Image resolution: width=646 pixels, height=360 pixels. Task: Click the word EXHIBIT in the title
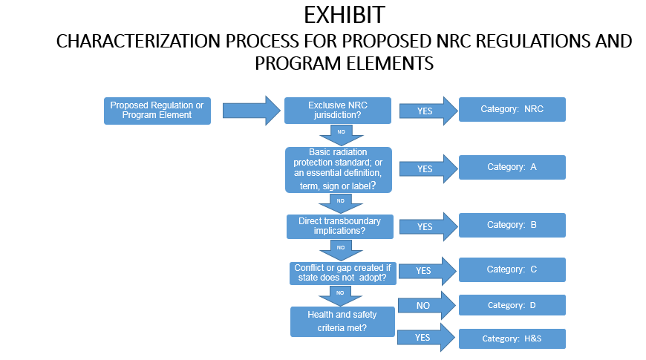[x=345, y=15]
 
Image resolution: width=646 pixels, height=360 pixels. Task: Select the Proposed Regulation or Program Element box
[x=157, y=111]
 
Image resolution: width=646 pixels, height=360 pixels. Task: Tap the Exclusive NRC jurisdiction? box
[x=338, y=111]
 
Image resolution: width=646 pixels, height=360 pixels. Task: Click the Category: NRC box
[x=512, y=109]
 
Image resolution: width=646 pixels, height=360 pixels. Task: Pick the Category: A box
[x=512, y=167]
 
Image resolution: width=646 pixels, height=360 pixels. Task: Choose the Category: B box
[x=512, y=225]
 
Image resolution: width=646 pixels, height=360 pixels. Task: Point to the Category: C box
[x=512, y=269]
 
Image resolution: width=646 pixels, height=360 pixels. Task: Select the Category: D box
[x=512, y=305]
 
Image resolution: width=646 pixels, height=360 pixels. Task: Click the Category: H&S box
[x=512, y=338]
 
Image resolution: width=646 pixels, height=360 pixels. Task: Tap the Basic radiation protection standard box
[x=339, y=170]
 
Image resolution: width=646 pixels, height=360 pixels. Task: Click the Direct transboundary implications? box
[x=339, y=226]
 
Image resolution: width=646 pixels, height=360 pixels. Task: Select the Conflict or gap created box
[x=342, y=272]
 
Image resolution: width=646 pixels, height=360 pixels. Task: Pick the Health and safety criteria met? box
[x=342, y=321]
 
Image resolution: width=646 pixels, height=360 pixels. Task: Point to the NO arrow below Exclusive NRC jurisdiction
[x=341, y=133]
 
